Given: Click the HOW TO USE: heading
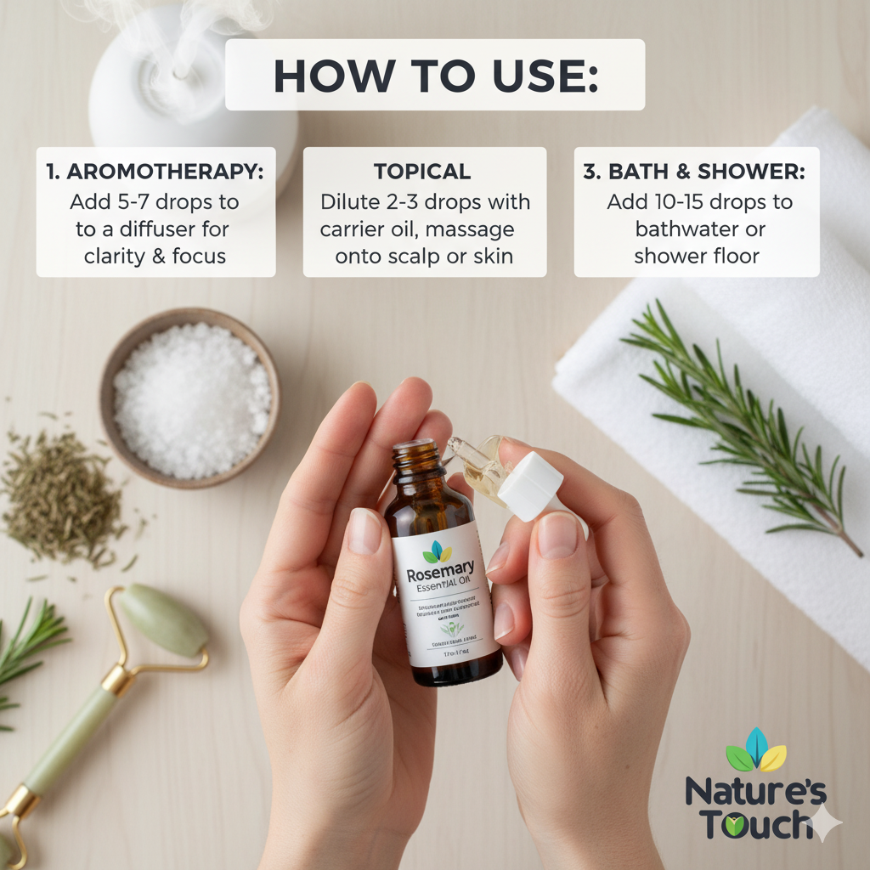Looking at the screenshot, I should pyautogui.click(x=435, y=76).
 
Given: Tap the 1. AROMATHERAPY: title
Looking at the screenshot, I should pyautogui.click(x=155, y=171).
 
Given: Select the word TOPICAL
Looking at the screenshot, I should pyautogui.click(x=422, y=171).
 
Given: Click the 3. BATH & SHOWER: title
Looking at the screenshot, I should pyautogui.click(x=694, y=171).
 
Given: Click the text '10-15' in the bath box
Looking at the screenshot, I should pyautogui.click(x=675, y=202).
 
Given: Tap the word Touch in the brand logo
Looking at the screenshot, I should pyautogui.click(x=748, y=823).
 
